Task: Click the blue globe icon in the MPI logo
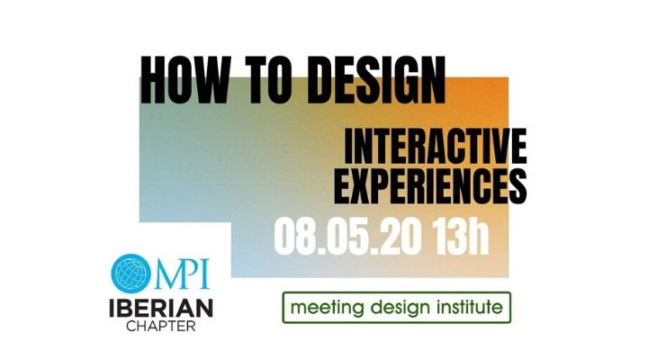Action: [135, 273]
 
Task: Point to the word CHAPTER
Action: [162, 326]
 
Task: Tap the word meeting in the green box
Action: [329, 308]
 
